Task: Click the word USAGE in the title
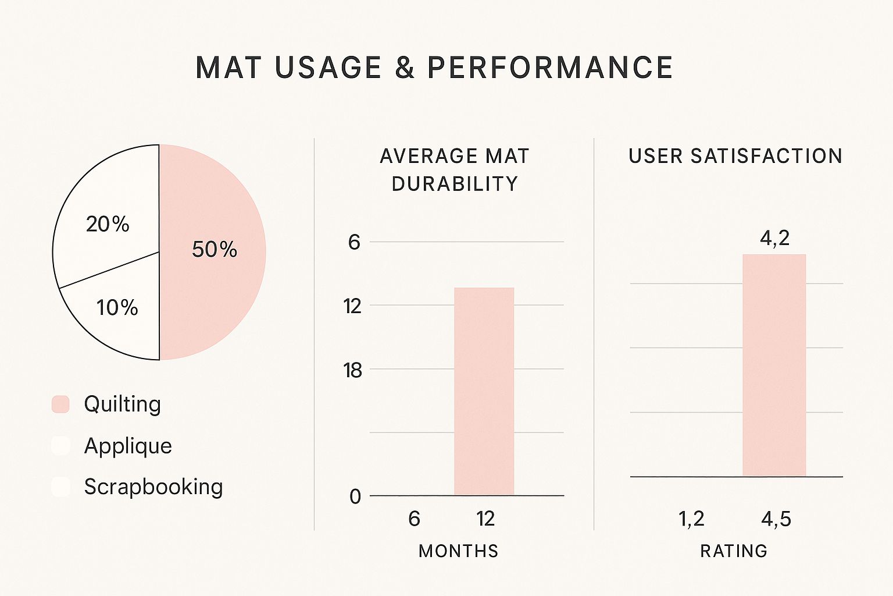(x=328, y=68)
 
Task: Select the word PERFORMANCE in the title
(x=550, y=68)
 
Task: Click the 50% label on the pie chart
(x=215, y=249)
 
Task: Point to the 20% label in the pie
(x=108, y=224)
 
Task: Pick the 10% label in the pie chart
(x=117, y=307)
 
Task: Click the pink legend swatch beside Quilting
(x=60, y=404)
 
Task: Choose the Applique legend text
(x=128, y=446)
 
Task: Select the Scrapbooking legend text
(x=153, y=487)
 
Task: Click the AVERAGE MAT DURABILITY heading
(x=455, y=169)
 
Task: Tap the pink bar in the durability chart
(x=484, y=391)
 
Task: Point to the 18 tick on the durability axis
(x=352, y=370)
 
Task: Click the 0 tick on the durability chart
(x=355, y=496)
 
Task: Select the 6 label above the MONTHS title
(x=414, y=519)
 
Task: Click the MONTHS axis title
(x=458, y=551)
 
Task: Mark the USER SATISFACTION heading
(x=735, y=156)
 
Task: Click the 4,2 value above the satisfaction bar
(x=774, y=238)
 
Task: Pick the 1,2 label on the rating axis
(x=691, y=519)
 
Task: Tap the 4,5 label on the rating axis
(x=776, y=519)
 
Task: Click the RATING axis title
(x=734, y=551)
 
